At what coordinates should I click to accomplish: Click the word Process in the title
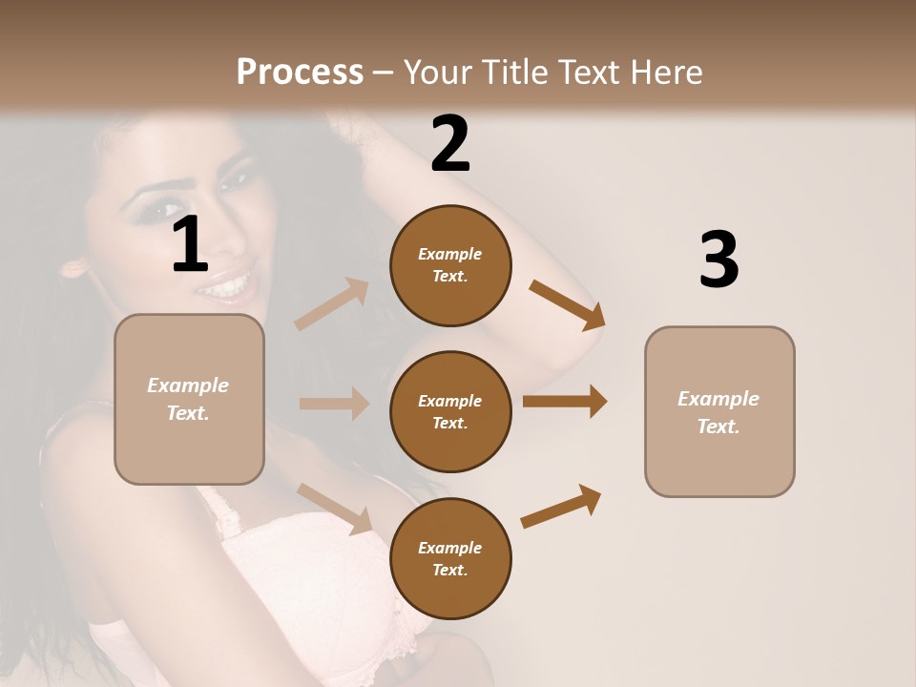[300, 72]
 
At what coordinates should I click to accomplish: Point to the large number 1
[190, 245]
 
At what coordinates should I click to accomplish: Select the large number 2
[450, 144]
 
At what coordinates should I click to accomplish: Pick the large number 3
[718, 260]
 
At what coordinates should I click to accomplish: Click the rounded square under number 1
[189, 399]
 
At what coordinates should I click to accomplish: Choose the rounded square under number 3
[719, 411]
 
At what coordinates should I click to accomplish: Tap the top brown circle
[450, 265]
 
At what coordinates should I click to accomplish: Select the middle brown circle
[450, 411]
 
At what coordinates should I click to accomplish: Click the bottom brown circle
[450, 558]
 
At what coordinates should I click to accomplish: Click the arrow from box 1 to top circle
[332, 304]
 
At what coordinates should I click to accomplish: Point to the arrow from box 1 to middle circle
[334, 404]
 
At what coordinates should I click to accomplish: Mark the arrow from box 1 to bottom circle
[335, 508]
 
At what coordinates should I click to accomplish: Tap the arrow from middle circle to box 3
[565, 402]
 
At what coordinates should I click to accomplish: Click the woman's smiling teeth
[230, 284]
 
